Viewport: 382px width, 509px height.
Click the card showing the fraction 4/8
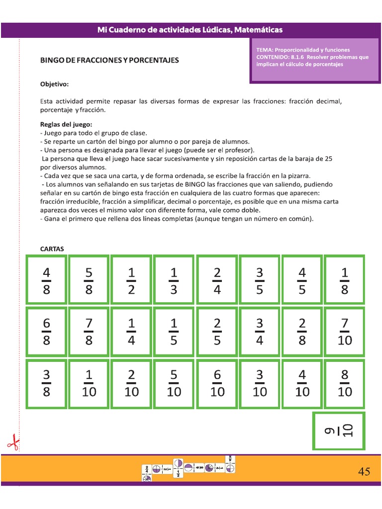pos(46,280)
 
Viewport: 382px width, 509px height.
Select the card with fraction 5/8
pos(89,280)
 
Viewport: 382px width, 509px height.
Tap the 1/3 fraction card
pos(174,280)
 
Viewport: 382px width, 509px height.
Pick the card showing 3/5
pos(259,280)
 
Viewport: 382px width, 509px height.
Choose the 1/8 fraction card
pos(344,280)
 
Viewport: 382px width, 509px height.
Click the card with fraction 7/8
pos(89,332)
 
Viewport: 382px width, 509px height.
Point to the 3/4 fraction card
pos(259,332)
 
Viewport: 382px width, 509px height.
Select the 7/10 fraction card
pos(344,332)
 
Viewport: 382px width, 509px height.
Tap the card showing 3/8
pos(46,383)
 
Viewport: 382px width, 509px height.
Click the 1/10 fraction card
pos(89,383)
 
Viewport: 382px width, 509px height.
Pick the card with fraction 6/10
pos(217,383)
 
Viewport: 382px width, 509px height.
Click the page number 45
pos(364,472)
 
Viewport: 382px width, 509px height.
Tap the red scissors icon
pos(13,442)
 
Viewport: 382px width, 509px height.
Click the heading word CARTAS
pos(52,249)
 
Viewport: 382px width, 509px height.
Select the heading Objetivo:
pos(55,84)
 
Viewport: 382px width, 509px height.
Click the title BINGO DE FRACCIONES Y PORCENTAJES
pos(109,60)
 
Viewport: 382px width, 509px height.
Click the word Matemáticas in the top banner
pos(258,30)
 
